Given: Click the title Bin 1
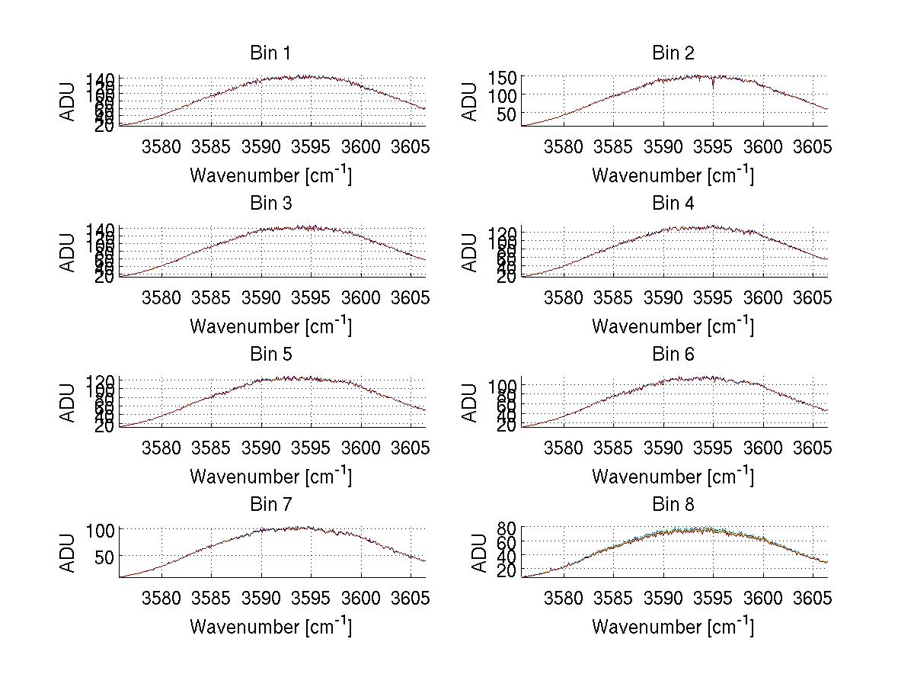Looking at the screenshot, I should [270, 53].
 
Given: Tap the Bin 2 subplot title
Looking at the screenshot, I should [673, 53].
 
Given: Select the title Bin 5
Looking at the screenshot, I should [270, 355].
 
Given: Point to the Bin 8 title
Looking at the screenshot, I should [673, 505].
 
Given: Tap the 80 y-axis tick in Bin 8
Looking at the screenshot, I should [507, 528].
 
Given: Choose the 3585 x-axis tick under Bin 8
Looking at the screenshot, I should [613, 598].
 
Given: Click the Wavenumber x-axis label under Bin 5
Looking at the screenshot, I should [270, 477].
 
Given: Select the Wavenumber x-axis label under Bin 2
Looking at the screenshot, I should [673, 175].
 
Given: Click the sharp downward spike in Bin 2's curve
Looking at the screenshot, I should [713, 86].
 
